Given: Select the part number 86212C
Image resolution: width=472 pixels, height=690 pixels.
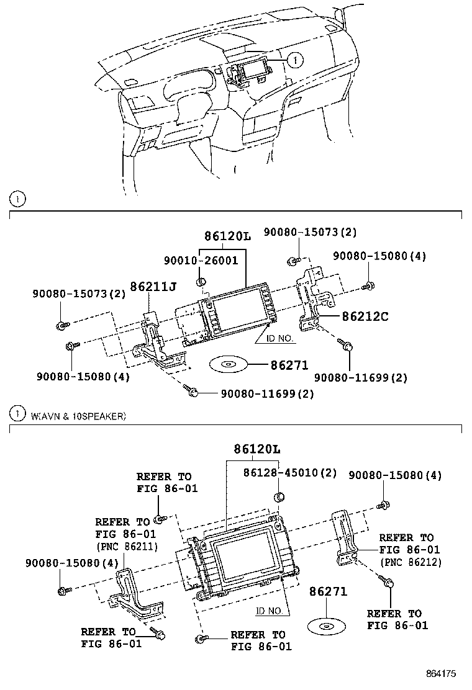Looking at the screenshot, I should pyautogui.click(x=365, y=316).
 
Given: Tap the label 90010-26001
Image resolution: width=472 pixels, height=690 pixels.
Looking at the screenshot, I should pyautogui.click(x=200, y=261).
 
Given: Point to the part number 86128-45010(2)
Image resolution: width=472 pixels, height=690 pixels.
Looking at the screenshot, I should pyautogui.click(x=289, y=473).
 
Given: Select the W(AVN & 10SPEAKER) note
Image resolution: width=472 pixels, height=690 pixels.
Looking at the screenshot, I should pyautogui.click(x=78, y=416).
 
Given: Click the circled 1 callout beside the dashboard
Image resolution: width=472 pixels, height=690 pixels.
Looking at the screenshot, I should pyautogui.click(x=296, y=60).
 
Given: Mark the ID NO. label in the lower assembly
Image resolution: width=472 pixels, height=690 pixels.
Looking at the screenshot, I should pyautogui.click(x=270, y=611).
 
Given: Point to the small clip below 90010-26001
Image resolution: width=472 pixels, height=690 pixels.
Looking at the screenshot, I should pyautogui.click(x=201, y=282).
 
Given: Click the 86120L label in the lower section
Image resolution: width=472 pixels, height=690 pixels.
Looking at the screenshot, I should pyautogui.click(x=256, y=448).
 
